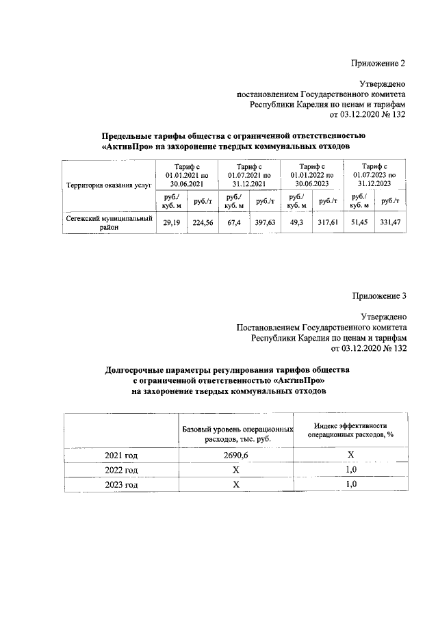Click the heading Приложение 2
(378, 63)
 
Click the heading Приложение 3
(378, 296)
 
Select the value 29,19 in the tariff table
(170, 222)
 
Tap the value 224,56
(203, 222)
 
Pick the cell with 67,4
(233, 222)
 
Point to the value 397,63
(265, 222)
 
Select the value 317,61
(328, 222)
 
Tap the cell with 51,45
(359, 222)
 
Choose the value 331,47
(391, 222)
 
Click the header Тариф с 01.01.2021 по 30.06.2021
(187, 174)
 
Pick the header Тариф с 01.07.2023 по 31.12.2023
(374, 174)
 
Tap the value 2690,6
(236, 456)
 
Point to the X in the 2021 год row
(351, 456)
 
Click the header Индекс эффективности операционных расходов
(351, 430)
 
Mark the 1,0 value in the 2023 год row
(351, 485)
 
